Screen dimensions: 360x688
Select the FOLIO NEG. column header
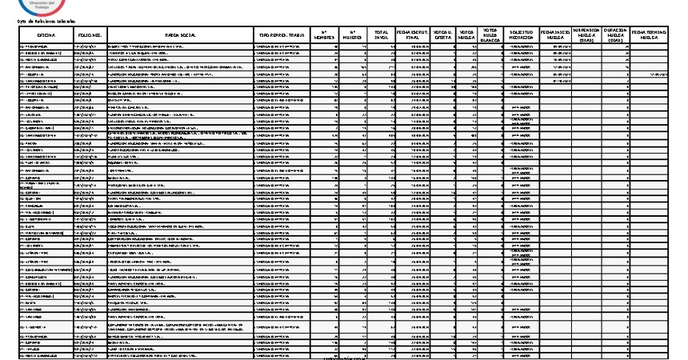90,35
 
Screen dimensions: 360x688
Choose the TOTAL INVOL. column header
382,35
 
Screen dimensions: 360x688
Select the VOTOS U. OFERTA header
442,35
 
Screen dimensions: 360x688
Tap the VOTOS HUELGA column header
466,35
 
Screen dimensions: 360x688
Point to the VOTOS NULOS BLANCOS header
490,35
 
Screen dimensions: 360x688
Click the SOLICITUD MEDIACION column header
521,35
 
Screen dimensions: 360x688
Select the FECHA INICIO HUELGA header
555,35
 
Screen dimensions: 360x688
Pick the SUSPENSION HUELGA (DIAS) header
586,35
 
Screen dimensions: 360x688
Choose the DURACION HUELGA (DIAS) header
614,35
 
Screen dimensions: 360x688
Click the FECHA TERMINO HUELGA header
649,35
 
